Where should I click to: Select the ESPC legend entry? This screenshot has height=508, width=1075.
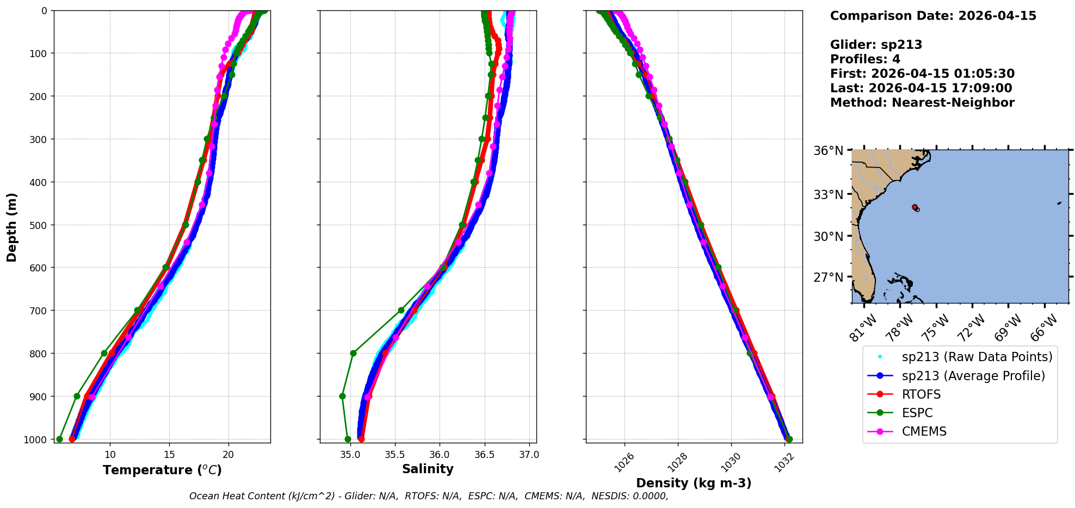(917, 413)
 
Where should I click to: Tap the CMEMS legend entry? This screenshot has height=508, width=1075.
(924, 431)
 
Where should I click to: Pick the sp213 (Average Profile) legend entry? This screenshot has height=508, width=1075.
(973, 376)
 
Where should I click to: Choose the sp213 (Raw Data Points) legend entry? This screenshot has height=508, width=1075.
(977, 357)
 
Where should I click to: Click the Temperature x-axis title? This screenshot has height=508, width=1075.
(162, 470)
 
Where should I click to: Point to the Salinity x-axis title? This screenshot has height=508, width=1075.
(428, 469)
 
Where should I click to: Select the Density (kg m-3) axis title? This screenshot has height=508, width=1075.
(694, 483)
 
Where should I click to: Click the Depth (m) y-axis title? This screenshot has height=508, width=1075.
(12, 227)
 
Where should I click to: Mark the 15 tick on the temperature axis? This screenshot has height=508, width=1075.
(169, 455)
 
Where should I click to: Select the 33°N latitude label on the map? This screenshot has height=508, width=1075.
(828, 195)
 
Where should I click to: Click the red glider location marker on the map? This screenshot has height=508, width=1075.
(915, 207)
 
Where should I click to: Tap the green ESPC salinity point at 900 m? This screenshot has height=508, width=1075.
(342, 396)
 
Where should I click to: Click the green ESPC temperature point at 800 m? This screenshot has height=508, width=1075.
(104, 353)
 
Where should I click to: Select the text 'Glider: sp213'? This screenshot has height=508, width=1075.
(876, 45)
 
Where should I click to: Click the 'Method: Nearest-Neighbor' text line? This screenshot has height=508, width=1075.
(922, 103)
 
